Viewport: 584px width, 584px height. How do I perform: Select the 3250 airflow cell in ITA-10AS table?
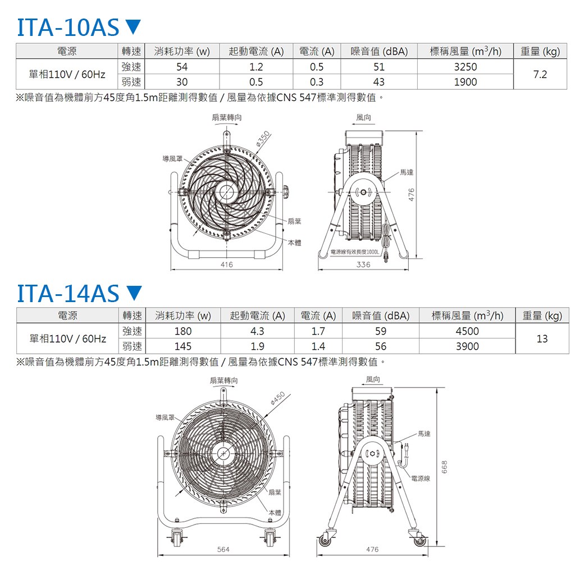point(465,67)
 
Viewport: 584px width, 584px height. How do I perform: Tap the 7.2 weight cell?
point(540,74)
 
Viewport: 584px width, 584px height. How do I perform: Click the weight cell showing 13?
point(542,339)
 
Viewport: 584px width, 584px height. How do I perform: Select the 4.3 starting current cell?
point(257,331)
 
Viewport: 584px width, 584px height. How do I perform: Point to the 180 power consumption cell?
point(182,331)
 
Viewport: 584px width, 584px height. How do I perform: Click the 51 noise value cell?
point(379,67)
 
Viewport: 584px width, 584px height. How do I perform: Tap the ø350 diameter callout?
point(262,139)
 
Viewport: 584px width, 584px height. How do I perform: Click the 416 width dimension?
point(227,264)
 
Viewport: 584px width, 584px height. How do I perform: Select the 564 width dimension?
point(223,550)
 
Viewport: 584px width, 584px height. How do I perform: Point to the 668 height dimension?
point(444,466)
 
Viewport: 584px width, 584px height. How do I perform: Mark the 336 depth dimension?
point(363,264)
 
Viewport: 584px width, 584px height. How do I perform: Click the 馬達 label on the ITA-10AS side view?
point(407,172)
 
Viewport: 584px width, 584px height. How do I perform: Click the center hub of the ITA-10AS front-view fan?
point(226,192)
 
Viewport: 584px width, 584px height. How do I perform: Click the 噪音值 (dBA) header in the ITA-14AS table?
point(381,316)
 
